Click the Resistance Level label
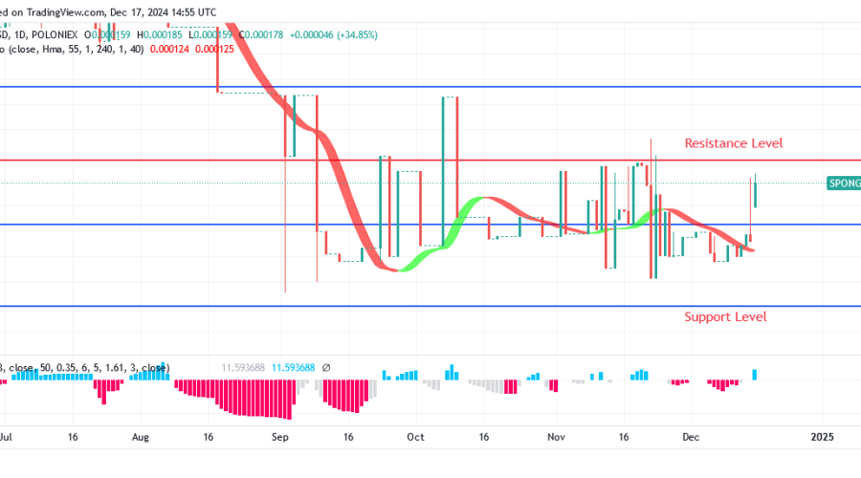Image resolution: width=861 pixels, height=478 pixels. tap(733, 143)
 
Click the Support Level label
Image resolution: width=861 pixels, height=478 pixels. tap(725, 317)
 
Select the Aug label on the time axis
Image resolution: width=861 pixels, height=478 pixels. tap(141, 436)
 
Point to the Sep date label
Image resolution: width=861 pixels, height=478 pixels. tap(279, 436)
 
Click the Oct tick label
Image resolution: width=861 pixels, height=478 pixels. tap(415, 436)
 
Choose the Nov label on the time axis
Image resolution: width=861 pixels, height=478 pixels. tap(556, 436)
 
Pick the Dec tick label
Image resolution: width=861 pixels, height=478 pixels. tap(690, 436)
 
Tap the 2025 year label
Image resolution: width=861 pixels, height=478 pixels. tap(823, 436)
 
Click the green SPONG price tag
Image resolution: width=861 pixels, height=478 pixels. tap(844, 182)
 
